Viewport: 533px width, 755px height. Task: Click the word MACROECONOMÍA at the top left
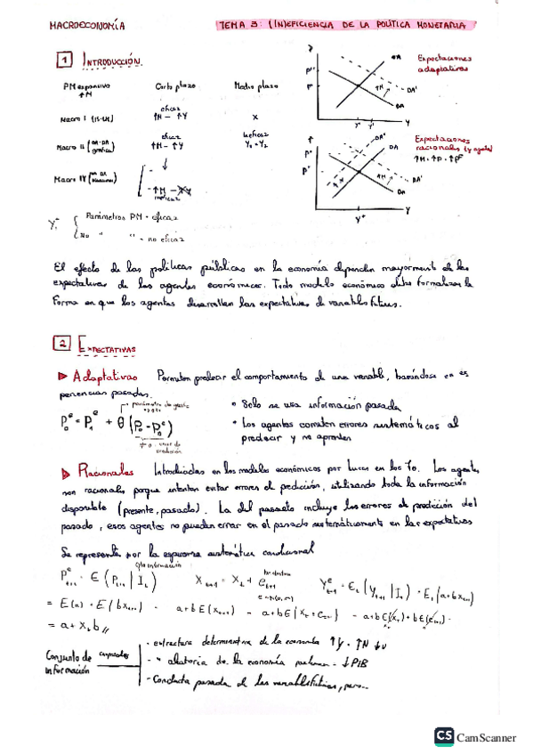(87, 27)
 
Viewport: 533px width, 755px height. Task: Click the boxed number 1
(63, 61)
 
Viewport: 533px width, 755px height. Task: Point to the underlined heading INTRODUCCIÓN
(113, 61)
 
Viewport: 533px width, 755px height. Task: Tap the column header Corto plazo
(174, 87)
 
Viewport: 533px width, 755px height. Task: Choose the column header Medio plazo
(256, 87)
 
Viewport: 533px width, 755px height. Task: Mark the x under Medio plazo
(255, 117)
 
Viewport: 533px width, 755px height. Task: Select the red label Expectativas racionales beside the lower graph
(445, 146)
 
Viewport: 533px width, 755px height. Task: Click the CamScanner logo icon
(443, 735)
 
